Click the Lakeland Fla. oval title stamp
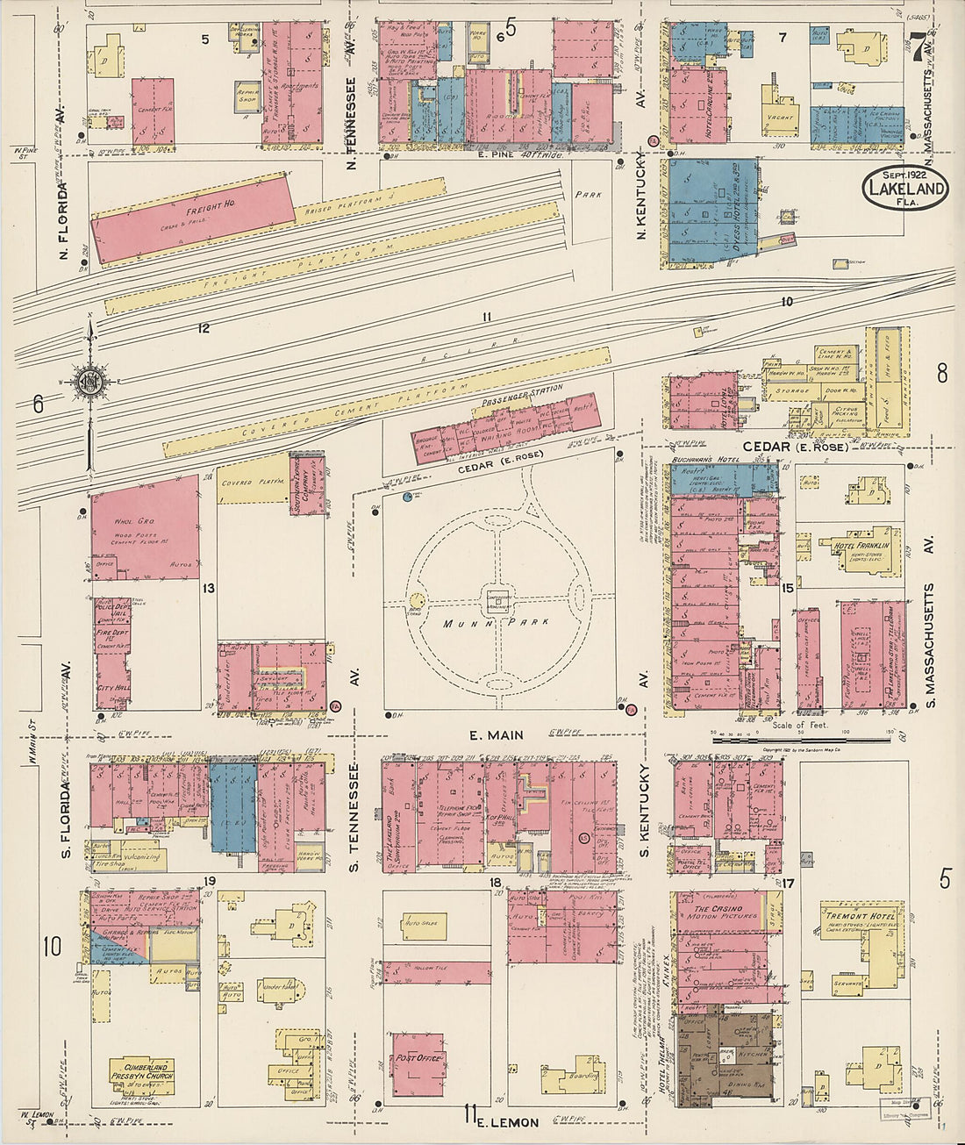[906, 186]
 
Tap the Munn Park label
[496, 623]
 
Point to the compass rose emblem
[89, 383]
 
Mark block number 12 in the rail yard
[204, 328]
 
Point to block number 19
[210, 880]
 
